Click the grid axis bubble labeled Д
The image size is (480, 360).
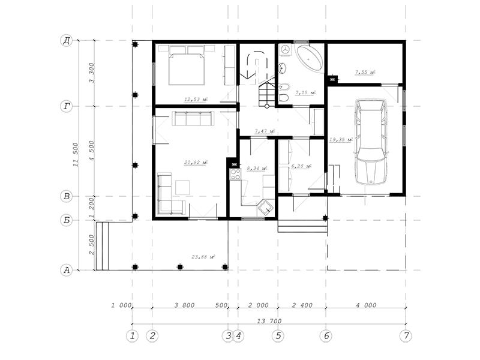67,40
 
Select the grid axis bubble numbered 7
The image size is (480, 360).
406,336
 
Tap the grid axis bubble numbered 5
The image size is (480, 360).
278,336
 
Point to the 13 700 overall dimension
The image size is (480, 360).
269,321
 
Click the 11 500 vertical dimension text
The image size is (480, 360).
76,155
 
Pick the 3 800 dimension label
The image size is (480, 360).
184,305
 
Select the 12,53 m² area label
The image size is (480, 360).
196,99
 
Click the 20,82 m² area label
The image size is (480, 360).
196,162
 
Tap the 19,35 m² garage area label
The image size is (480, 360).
341,140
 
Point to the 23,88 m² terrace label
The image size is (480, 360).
203,257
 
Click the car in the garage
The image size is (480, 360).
370,142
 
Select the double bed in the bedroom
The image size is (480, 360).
187,65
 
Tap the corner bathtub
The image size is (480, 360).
309,58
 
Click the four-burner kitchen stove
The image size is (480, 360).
235,174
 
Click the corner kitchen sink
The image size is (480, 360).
265,208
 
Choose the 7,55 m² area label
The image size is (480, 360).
365,72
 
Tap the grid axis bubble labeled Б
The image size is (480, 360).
67,220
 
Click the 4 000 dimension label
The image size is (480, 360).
366,305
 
